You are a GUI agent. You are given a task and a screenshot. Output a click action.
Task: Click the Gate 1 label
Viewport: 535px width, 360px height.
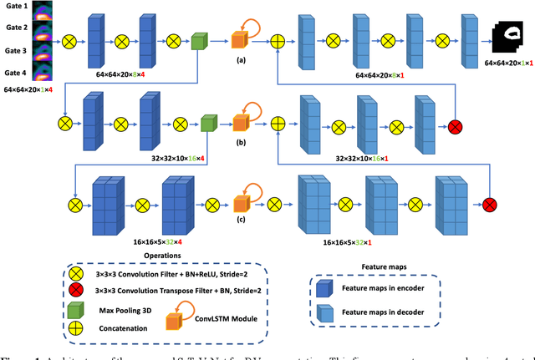point(16,7)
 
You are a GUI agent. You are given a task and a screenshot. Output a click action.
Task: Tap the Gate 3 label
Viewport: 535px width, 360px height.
point(16,49)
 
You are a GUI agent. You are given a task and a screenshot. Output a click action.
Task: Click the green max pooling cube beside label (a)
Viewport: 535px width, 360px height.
point(199,40)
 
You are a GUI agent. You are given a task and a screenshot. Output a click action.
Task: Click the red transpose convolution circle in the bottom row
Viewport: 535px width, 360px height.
point(490,204)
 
